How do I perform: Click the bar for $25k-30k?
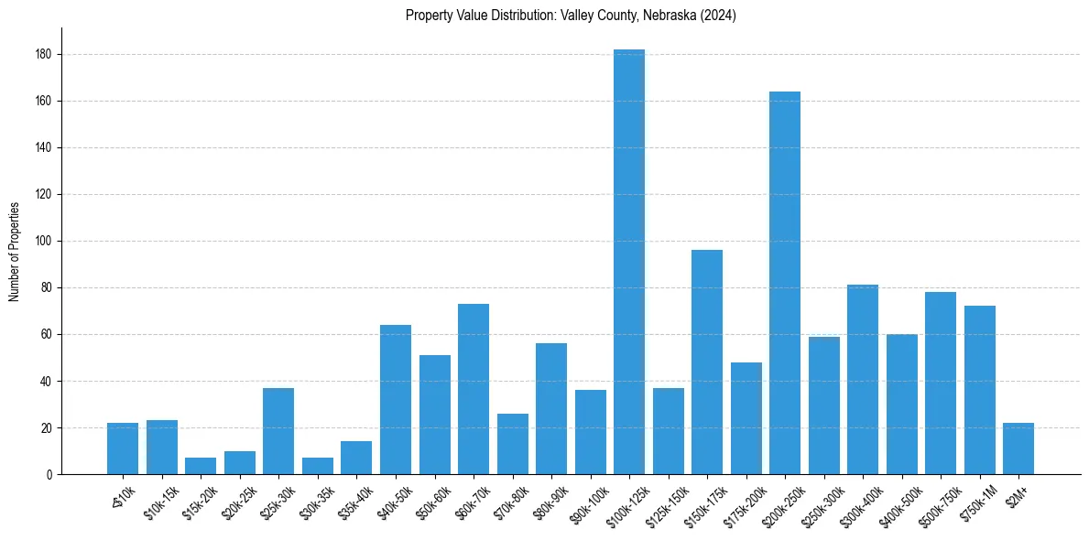point(278,431)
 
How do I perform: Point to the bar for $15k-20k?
point(201,466)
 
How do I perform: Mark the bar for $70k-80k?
point(513,444)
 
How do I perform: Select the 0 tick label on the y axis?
point(53,475)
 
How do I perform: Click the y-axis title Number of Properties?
point(14,251)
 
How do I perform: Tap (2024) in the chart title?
point(719,15)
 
